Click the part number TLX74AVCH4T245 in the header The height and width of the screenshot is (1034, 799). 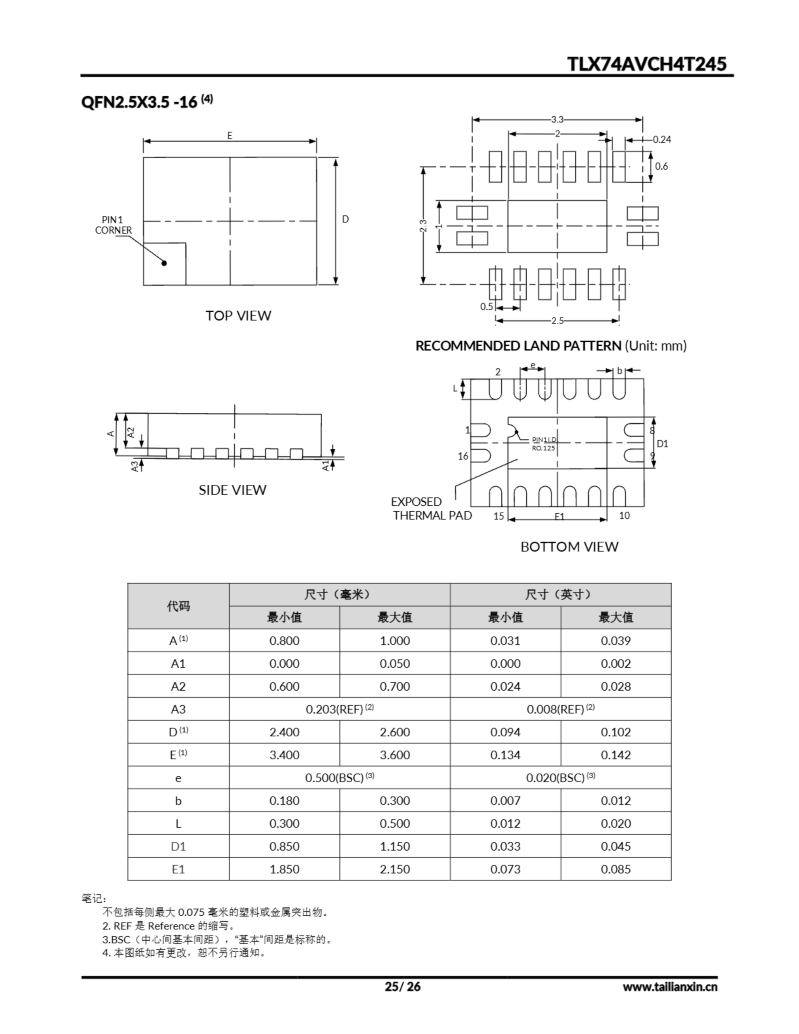coord(646,64)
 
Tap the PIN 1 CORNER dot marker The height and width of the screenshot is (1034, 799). coord(164,263)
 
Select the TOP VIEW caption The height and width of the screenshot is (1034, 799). coord(238,316)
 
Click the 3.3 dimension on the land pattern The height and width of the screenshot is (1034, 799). coord(557,120)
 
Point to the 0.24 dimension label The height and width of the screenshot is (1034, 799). coord(662,140)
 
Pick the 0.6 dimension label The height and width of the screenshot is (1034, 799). coord(661,166)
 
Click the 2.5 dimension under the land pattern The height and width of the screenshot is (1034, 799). coord(557,321)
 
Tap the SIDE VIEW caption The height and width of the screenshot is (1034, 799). coord(232,490)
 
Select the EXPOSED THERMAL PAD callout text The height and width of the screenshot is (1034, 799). coord(431,509)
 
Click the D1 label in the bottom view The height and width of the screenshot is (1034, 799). coord(662,443)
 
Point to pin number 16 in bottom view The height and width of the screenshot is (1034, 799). coord(463,456)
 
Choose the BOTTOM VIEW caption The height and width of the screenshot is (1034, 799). coord(569,547)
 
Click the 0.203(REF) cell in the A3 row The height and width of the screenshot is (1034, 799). coord(339,709)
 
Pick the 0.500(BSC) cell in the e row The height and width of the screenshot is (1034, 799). coord(339,778)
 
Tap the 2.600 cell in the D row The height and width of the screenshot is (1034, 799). coord(395,732)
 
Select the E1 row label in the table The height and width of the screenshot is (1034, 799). coord(178,869)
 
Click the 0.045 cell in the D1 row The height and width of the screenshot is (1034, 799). coord(616,846)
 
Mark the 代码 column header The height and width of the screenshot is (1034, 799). coord(178,606)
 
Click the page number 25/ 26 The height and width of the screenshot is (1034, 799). coord(403,986)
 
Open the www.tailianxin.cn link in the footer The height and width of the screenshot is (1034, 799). coord(670,987)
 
